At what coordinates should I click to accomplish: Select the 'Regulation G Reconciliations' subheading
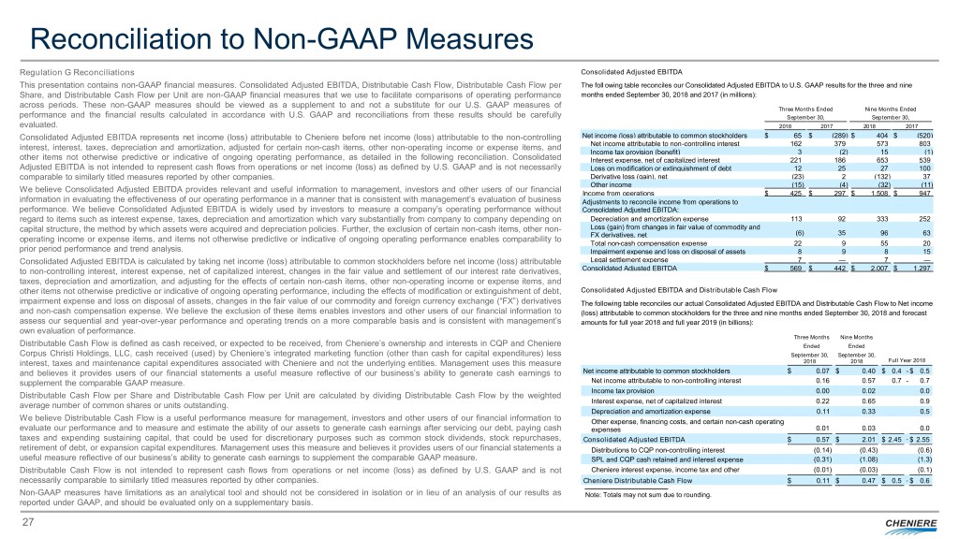coord(74,72)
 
